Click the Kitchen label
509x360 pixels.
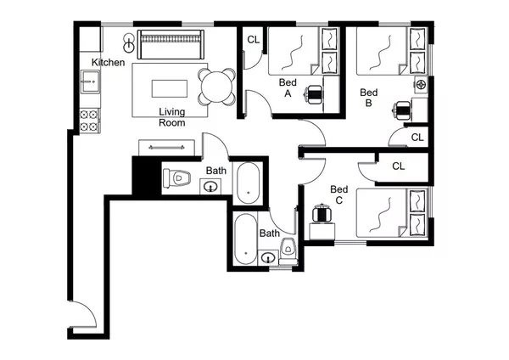pyautogui.click(x=109, y=63)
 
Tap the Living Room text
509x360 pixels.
pyautogui.click(x=172, y=116)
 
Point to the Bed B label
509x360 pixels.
pyautogui.click(x=368, y=98)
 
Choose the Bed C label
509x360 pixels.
pyautogui.click(x=338, y=194)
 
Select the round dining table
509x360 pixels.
pyautogui.click(x=218, y=86)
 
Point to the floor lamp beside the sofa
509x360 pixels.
pyautogui.click(x=128, y=41)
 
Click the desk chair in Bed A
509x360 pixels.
pyautogui.click(x=314, y=94)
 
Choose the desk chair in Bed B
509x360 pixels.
pyautogui.click(x=402, y=109)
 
